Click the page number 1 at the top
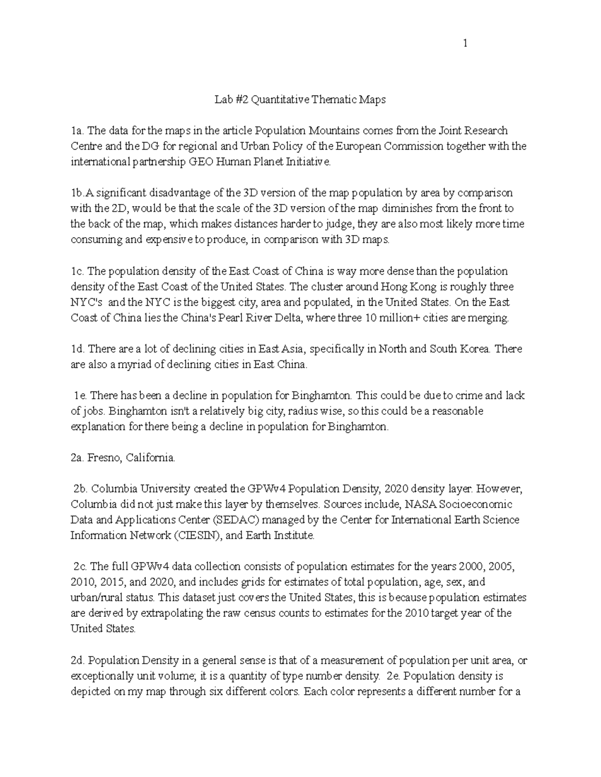pyautogui.click(x=465, y=44)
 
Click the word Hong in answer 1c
pyautogui.click(x=393, y=287)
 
